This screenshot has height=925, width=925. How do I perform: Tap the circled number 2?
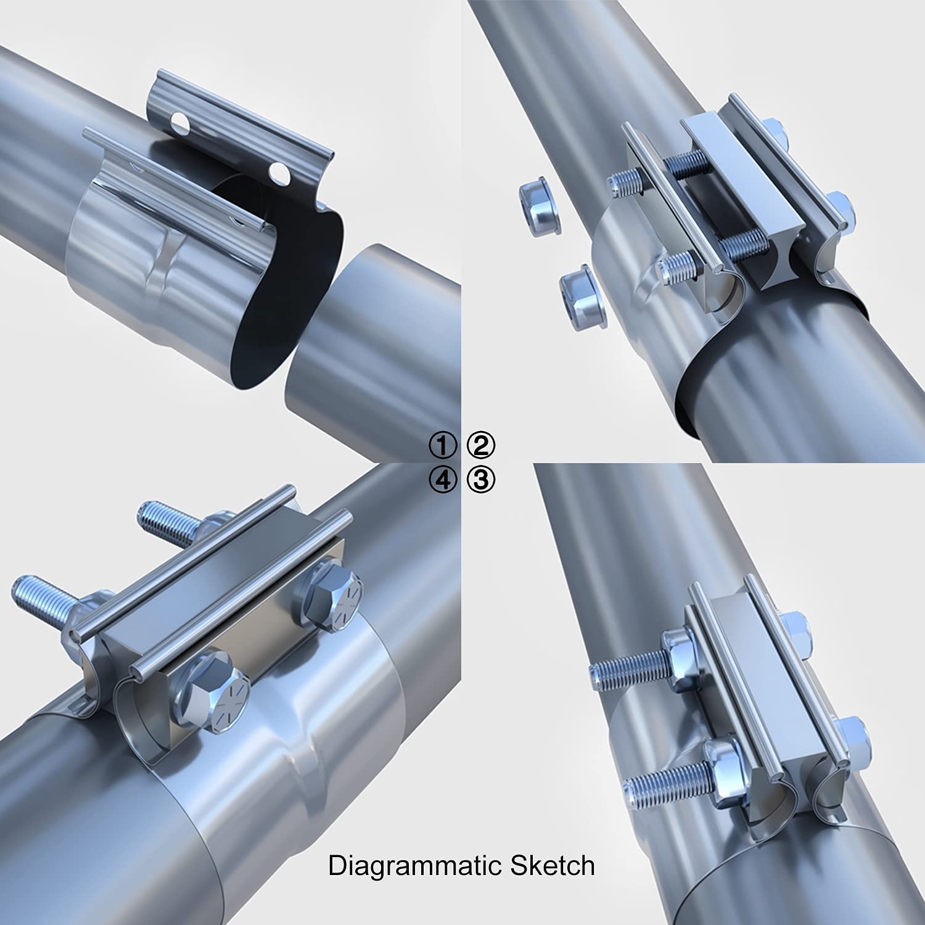tap(481, 445)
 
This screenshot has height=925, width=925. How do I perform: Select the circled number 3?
tap(481, 480)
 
